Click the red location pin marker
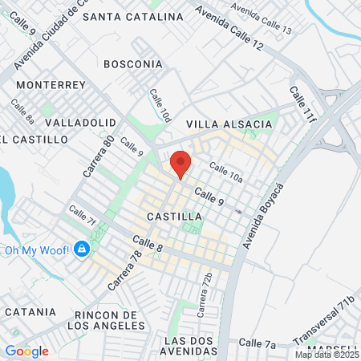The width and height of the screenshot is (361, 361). [x=180, y=164]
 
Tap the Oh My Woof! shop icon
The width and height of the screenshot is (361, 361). [x=81, y=250]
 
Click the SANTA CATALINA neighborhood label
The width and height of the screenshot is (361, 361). [x=144, y=16]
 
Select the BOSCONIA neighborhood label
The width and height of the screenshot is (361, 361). [x=133, y=63]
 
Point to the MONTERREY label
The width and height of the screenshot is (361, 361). [x=51, y=84]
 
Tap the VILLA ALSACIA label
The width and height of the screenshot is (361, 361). [x=229, y=124]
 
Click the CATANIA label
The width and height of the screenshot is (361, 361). [x=30, y=311]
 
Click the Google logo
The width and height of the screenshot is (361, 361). [x=26, y=351]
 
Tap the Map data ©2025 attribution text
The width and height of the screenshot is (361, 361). [x=326, y=355]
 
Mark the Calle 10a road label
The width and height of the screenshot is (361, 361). [x=225, y=169]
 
